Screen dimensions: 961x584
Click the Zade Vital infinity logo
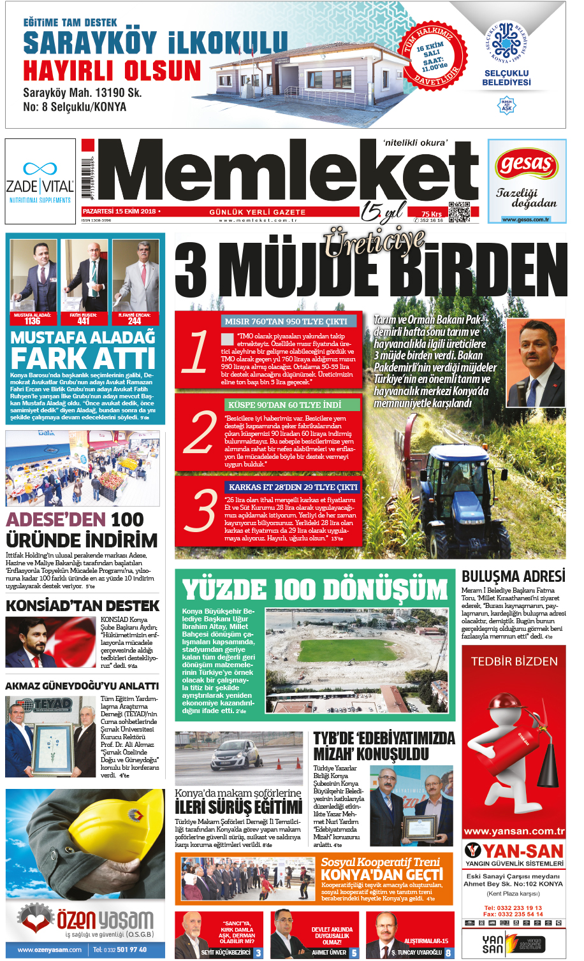40,169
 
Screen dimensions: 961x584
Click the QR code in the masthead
459,212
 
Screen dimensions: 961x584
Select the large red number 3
200,510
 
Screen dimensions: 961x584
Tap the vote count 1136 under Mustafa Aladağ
33,321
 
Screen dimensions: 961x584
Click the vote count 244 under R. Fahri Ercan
135,321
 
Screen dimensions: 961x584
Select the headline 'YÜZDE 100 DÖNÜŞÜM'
315,589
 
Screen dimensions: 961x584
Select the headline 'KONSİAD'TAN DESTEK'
82,605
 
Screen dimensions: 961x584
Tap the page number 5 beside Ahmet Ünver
354,953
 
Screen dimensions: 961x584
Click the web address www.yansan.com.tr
514,831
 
